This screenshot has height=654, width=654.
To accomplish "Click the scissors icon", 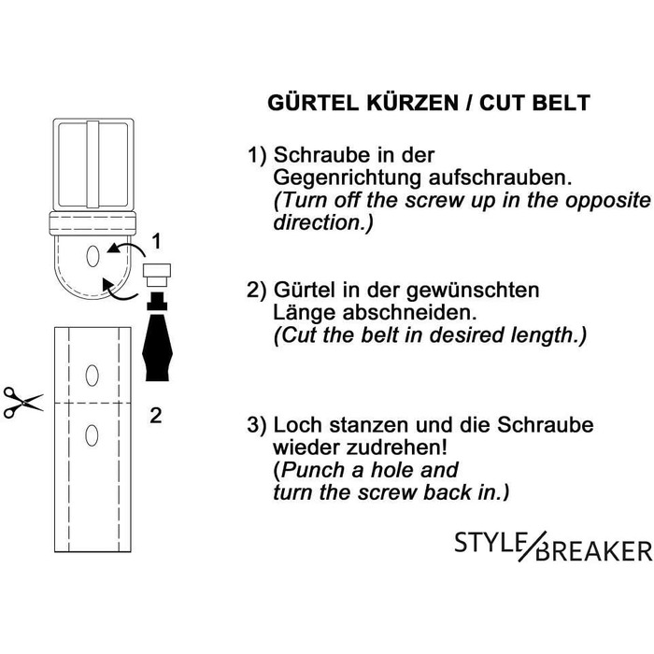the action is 23,402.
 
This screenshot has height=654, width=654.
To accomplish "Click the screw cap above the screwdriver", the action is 157,275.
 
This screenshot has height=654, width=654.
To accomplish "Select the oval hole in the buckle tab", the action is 92,256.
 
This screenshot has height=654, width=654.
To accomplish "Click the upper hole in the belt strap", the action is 92,376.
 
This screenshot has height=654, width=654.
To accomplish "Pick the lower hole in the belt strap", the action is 92,435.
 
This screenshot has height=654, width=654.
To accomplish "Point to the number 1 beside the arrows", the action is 156,241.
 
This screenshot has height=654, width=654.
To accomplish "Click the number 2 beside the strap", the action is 156,416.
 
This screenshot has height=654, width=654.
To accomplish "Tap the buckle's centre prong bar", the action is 93,163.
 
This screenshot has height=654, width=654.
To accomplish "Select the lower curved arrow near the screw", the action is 120,291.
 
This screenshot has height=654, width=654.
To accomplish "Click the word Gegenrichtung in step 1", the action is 347,178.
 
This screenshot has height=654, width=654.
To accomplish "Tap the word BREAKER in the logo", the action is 594,550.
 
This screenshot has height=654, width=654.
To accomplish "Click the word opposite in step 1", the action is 607,202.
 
